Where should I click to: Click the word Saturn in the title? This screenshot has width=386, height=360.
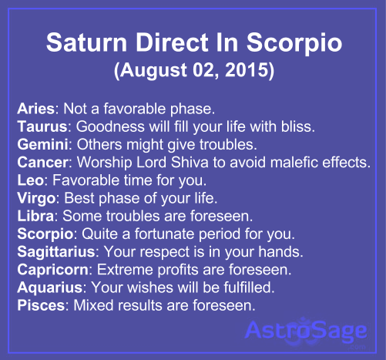86,42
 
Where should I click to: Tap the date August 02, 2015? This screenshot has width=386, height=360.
194,70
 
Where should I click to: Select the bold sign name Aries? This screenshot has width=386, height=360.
35,109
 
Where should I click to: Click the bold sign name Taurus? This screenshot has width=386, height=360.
42,126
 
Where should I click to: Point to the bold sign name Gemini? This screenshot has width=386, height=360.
43,144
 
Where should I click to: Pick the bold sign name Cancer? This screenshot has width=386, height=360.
43,162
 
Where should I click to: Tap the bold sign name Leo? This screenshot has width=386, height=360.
31,180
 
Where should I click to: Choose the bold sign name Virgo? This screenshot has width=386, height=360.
36,198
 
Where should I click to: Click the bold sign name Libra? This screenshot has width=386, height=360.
35,216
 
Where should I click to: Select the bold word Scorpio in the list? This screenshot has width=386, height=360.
45,234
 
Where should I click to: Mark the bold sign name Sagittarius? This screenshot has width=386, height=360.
56,251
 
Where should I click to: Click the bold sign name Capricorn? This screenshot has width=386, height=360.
53,270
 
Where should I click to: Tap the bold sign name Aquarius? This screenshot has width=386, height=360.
50,288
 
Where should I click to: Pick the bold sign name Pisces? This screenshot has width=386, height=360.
41,305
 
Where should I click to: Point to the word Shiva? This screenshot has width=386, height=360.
190,162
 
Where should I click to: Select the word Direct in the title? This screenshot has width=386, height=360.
172,42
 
